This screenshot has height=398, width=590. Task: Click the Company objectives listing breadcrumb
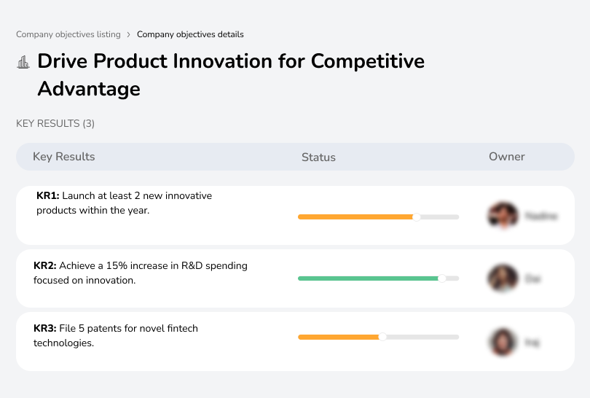(68, 34)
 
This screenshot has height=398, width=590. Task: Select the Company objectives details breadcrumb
(190, 34)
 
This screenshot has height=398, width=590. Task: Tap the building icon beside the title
(23, 62)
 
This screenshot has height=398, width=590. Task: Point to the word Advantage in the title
(89, 89)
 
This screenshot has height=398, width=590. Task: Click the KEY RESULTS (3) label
(55, 124)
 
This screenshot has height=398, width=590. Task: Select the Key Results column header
(63, 157)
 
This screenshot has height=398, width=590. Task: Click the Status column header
(318, 157)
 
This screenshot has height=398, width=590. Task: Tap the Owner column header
(507, 157)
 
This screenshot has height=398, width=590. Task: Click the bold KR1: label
(47, 196)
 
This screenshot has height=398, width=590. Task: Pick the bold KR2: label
(45, 266)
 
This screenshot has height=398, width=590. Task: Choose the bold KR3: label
(45, 329)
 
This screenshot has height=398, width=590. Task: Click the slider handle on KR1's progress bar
(417, 216)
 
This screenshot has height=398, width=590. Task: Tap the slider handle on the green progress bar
(441, 278)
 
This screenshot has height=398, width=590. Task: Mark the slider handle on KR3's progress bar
(382, 337)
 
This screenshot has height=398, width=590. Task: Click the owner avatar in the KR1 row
(503, 216)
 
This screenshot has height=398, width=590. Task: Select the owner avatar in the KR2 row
(503, 278)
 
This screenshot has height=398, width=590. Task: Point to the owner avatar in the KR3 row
(503, 341)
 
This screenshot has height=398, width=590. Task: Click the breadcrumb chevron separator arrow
(129, 34)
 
